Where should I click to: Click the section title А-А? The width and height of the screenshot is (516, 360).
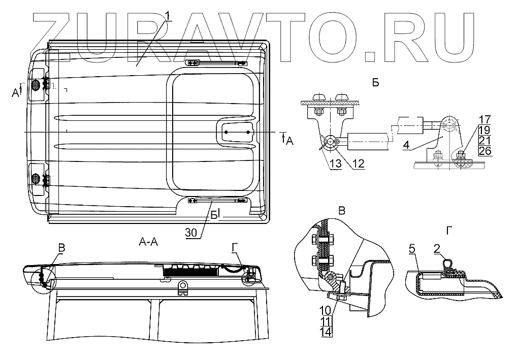click(x=148, y=242)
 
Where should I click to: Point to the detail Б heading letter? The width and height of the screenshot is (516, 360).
click(x=375, y=83)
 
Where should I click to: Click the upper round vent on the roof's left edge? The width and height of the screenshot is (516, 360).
click(x=36, y=84)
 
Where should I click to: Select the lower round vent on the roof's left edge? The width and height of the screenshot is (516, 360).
click(x=36, y=178)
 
